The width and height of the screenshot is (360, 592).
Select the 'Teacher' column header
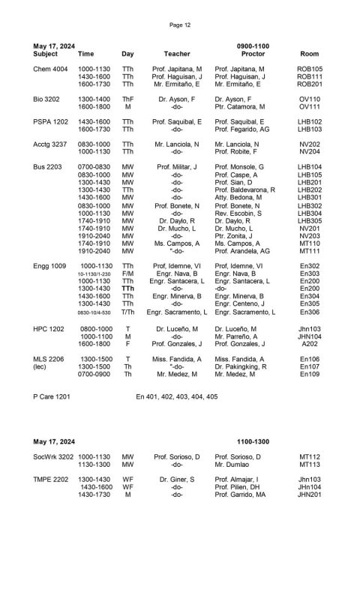click(x=177, y=54)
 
